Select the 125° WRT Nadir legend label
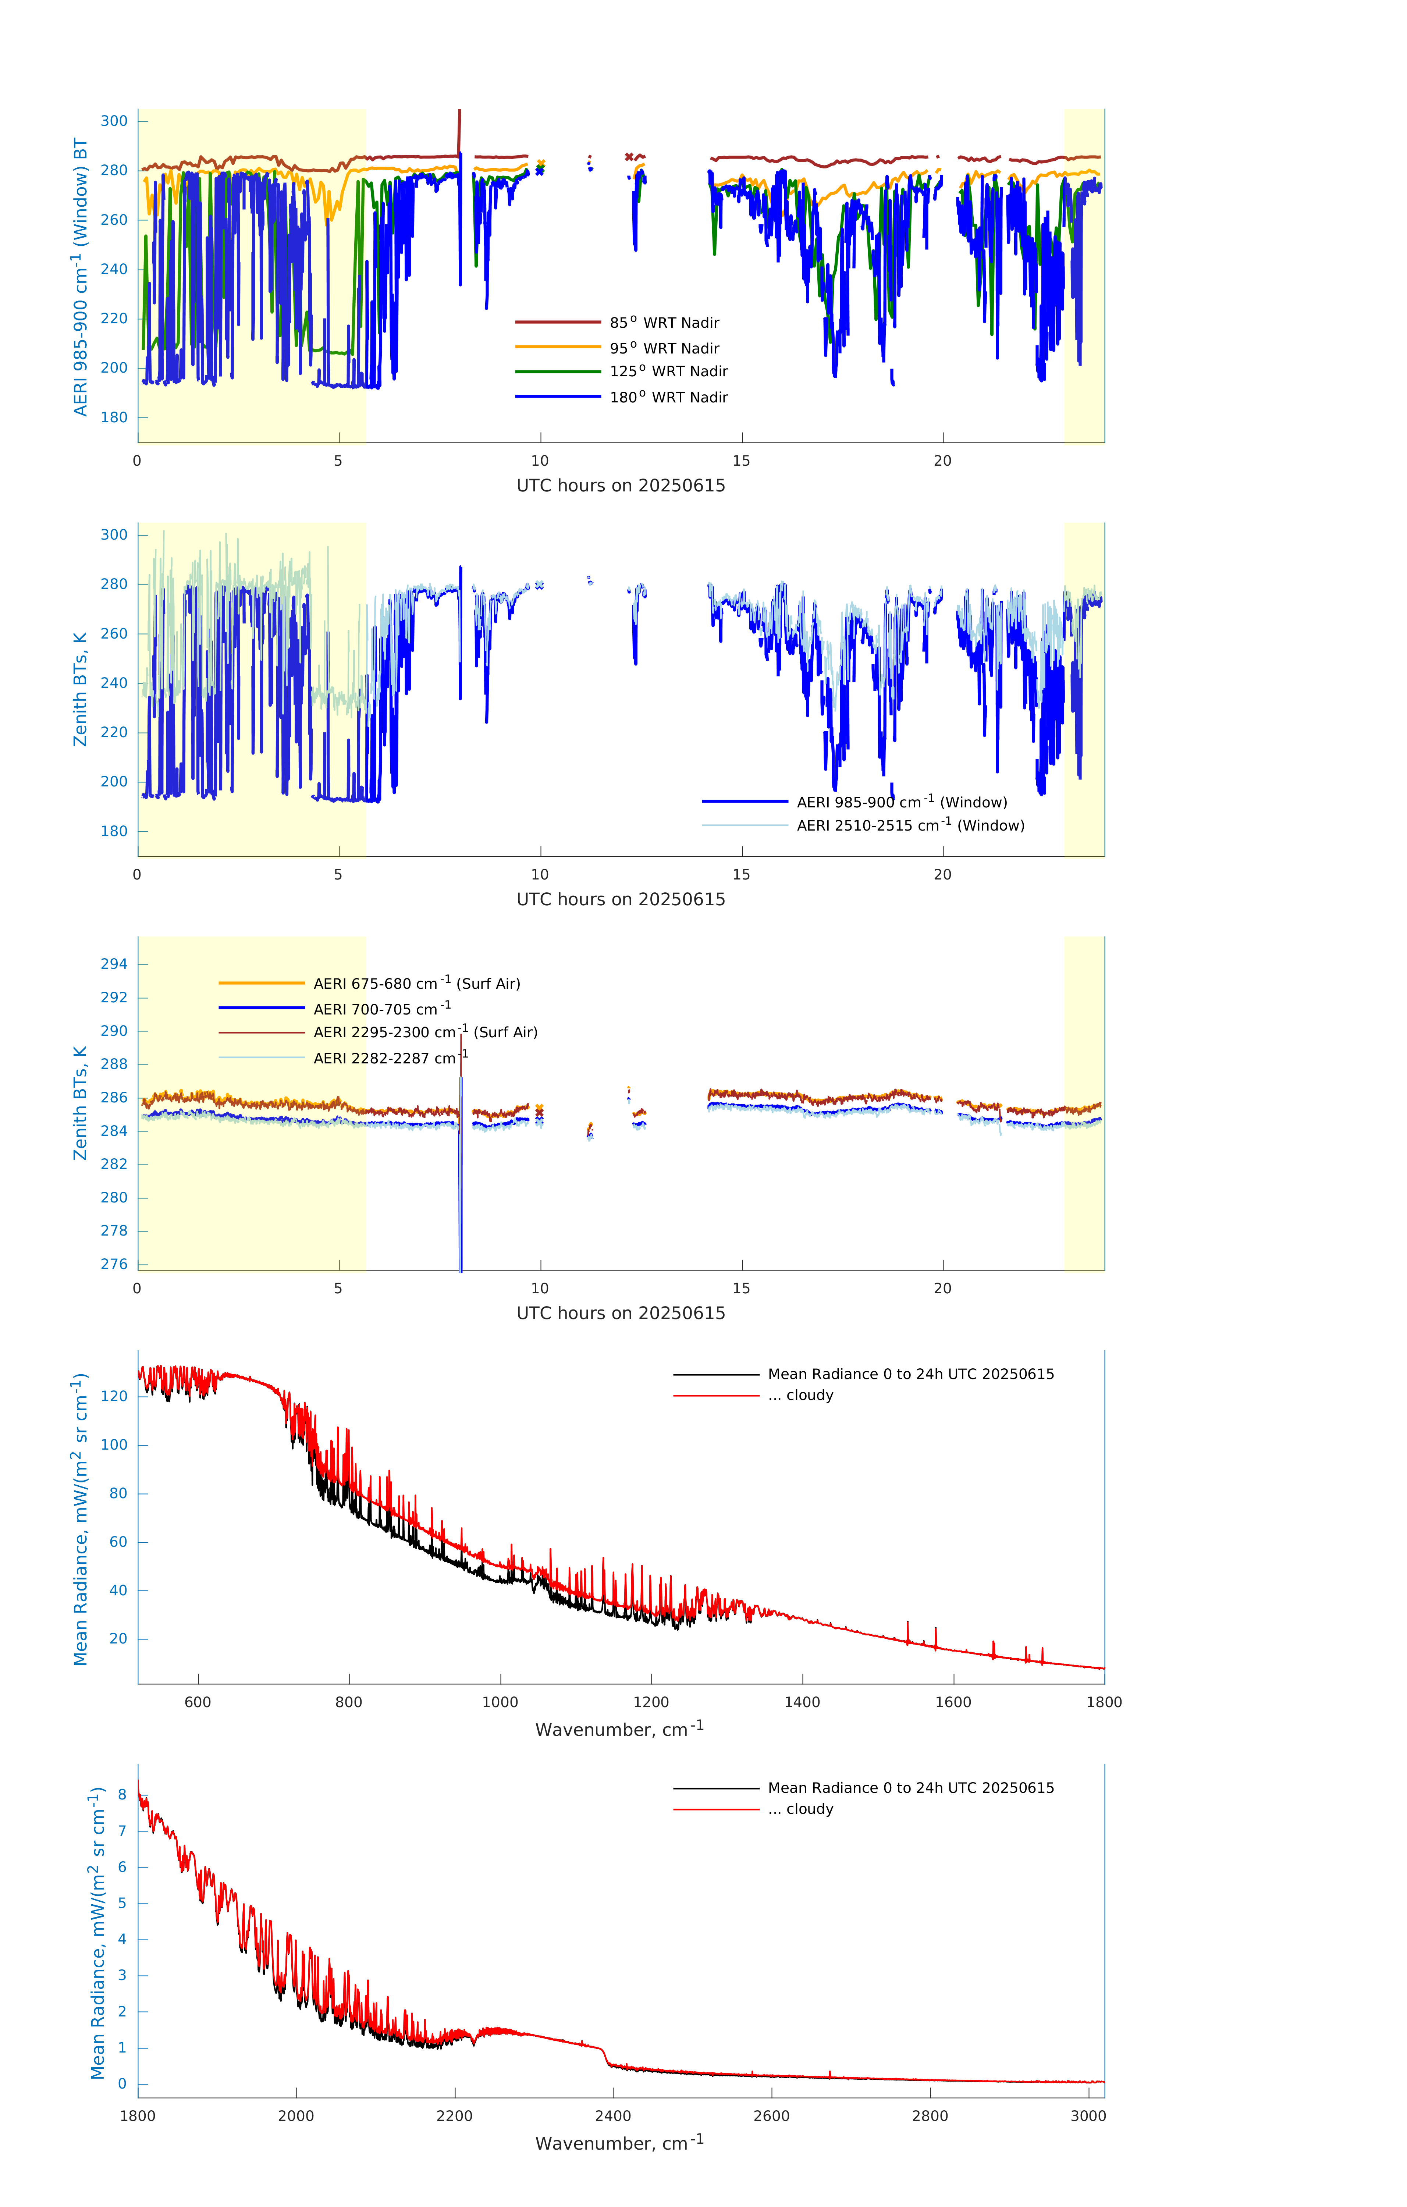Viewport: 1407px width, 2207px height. tap(668, 371)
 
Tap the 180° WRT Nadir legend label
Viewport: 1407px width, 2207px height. tap(668, 397)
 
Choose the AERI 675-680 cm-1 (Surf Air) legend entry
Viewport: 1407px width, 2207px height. tap(416, 984)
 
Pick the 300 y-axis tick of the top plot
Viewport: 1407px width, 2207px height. tap(114, 121)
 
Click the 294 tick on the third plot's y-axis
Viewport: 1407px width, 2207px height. tap(114, 964)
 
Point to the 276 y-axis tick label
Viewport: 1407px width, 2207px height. tap(114, 1264)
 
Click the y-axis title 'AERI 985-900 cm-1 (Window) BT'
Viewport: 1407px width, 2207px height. tap(81, 277)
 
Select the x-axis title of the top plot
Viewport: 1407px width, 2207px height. tap(621, 486)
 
